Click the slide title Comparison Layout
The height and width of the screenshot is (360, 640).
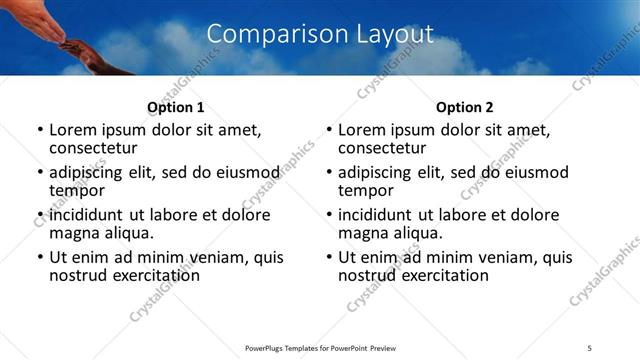click(320, 34)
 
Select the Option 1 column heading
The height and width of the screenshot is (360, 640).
click(175, 107)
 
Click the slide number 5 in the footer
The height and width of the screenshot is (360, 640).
click(589, 348)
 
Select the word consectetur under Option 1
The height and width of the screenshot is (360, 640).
click(95, 148)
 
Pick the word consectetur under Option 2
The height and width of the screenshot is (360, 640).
click(384, 148)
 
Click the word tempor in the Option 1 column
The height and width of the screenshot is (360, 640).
click(77, 190)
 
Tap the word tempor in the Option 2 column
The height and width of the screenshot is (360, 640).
click(366, 190)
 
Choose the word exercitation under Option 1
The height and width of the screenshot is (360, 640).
click(151, 275)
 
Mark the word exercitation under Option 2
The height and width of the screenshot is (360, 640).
click(440, 275)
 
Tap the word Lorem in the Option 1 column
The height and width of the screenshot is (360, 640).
click(72, 130)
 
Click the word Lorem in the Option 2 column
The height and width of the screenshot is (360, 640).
click(361, 130)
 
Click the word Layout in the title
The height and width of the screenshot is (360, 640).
click(396, 34)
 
